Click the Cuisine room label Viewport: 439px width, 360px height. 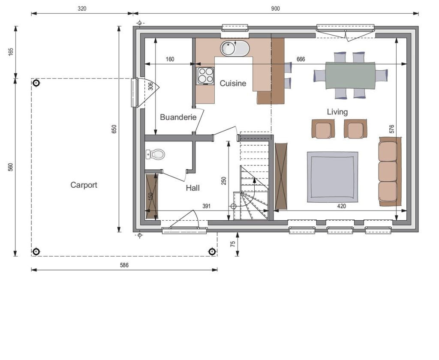[233, 83]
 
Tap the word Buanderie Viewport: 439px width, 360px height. [178, 117]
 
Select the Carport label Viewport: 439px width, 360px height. [84, 185]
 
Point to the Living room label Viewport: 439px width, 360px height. [337, 112]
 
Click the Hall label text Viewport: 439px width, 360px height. [192, 188]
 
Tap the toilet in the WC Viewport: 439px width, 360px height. [155, 154]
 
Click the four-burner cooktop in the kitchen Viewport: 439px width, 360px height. [205, 75]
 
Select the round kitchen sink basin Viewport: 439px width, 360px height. [228, 48]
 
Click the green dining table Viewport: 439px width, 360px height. [350, 75]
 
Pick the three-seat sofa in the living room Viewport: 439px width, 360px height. [390, 171]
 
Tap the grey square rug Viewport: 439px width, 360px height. [332, 177]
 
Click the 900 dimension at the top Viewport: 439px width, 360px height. [275, 9]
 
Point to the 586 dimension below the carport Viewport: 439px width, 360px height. [124, 265]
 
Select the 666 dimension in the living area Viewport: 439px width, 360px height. [301, 59]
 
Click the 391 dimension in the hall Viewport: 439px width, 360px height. [206, 206]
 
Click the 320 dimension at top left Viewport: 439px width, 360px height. [82, 9]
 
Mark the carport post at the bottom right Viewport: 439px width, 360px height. [212, 252]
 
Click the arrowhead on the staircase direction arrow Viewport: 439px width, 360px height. [254, 180]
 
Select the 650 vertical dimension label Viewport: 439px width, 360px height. [114, 129]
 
